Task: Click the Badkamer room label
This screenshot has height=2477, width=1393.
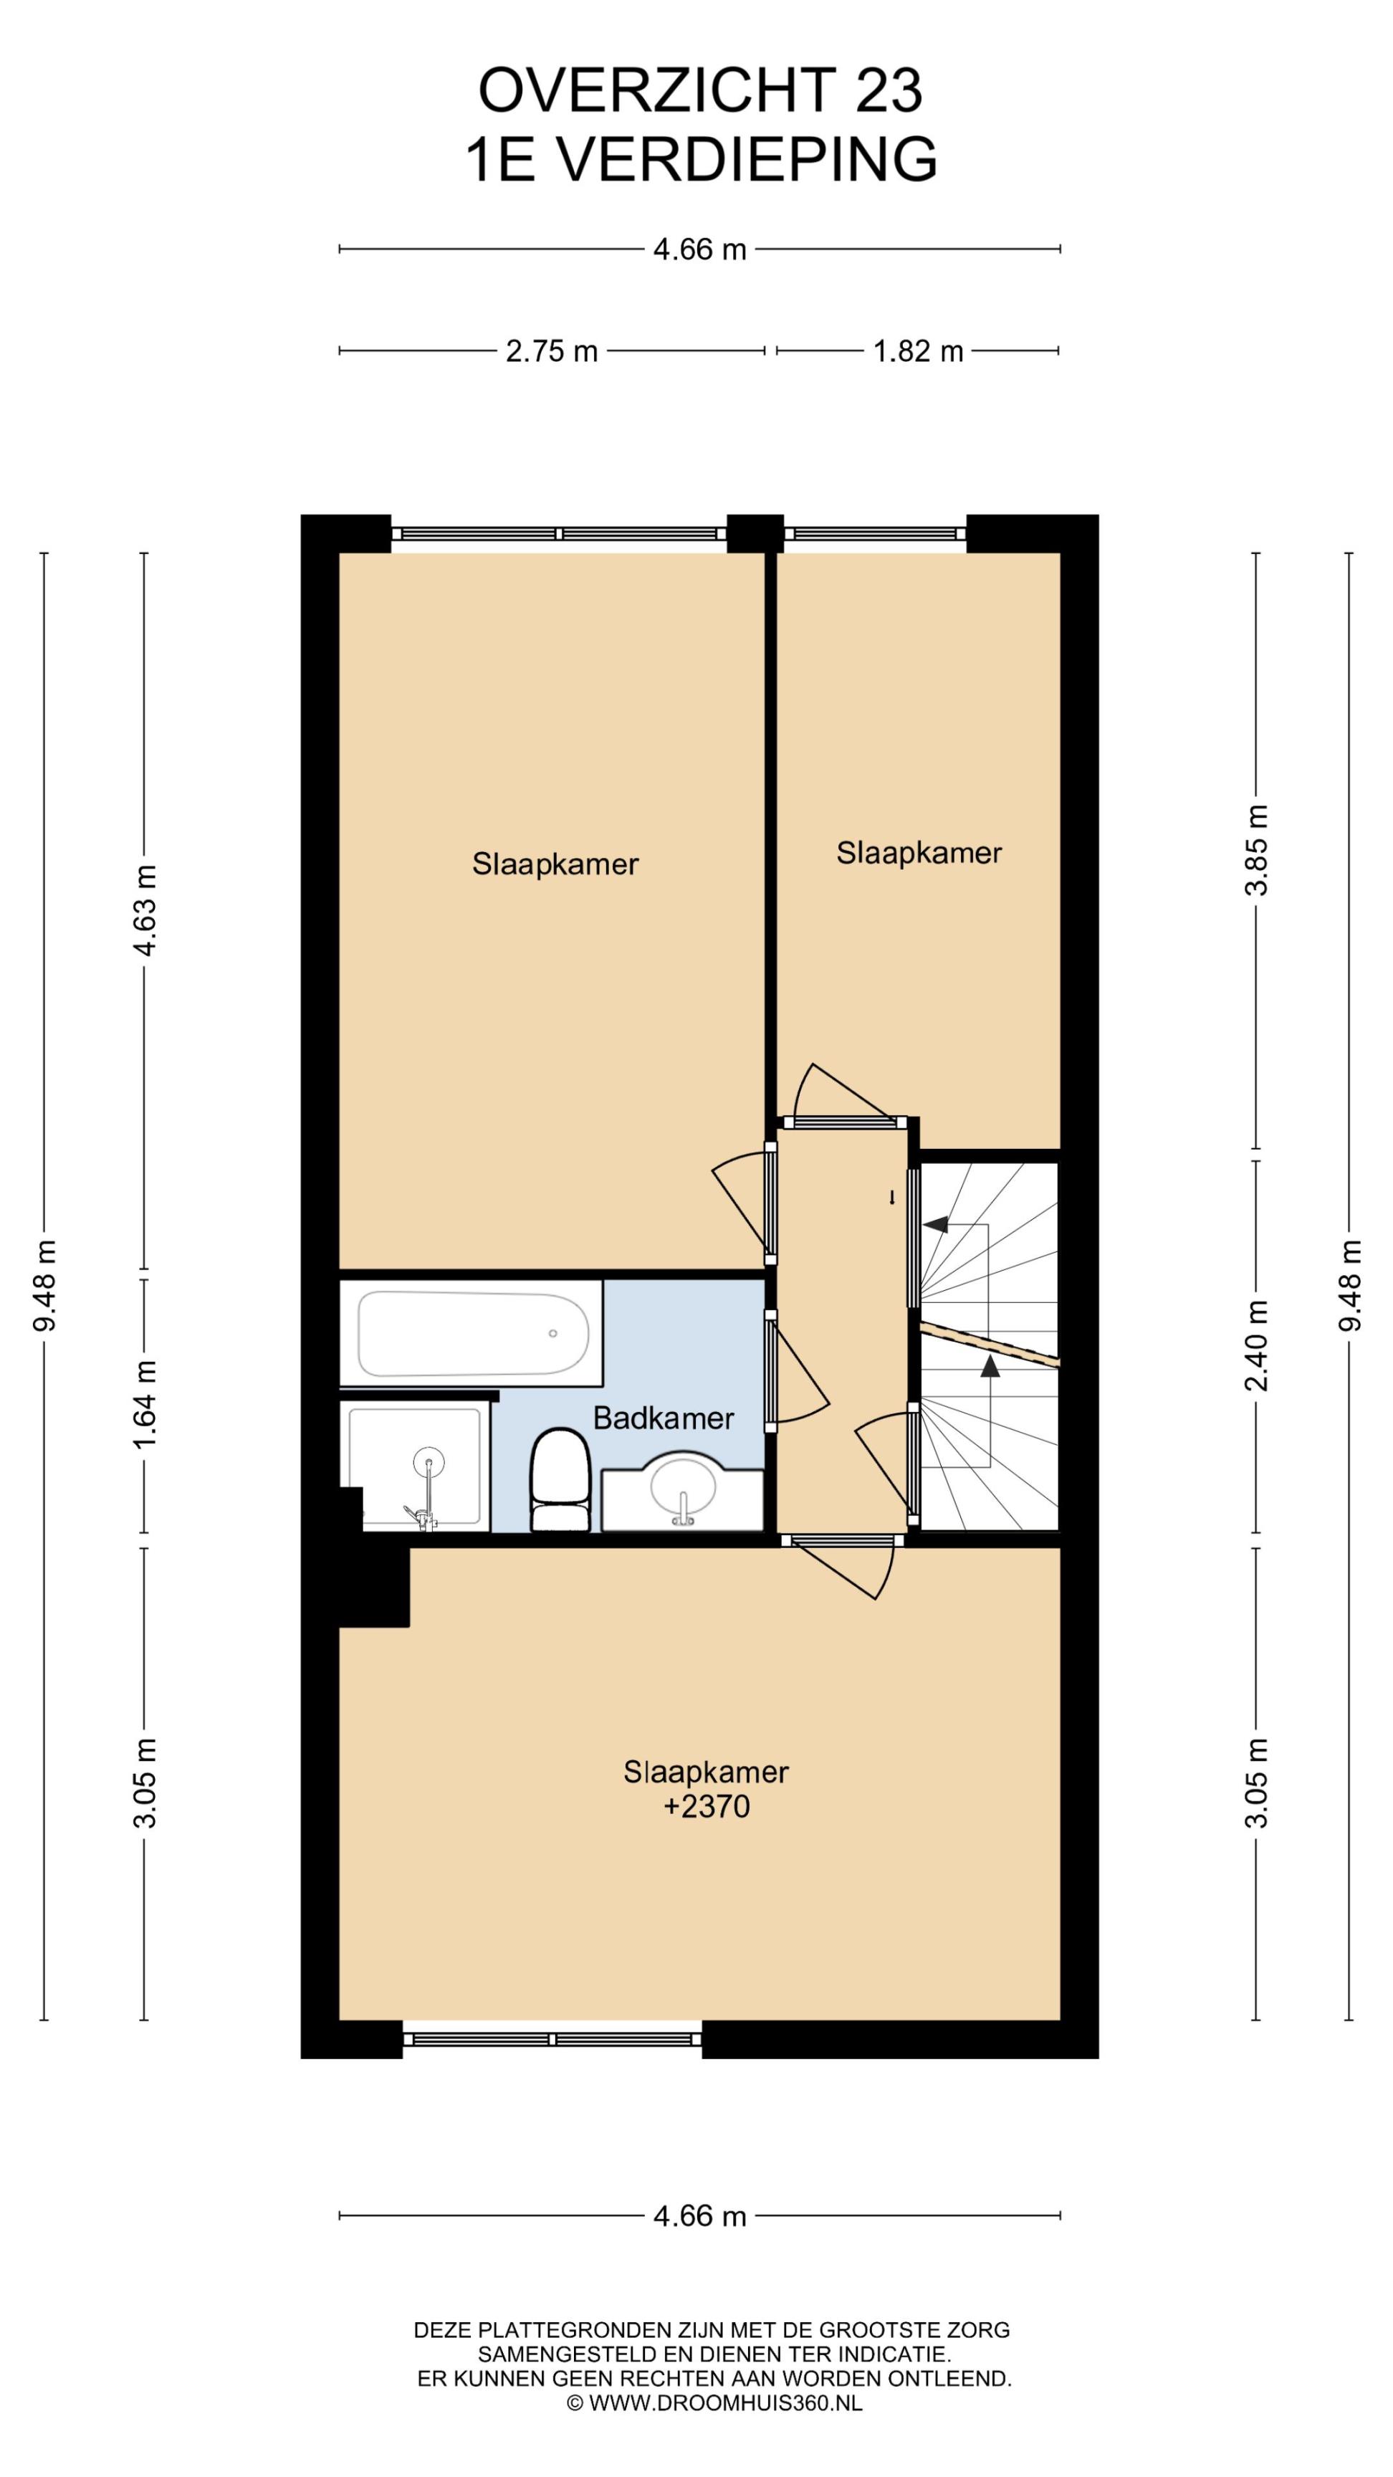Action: coord(664,1418)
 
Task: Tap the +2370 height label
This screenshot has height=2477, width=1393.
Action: coord(707,1807)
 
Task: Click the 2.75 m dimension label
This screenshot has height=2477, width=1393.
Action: coord(552,352)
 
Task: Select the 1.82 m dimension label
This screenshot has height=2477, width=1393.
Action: coord(918,352)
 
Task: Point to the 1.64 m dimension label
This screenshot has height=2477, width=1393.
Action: coord(145,1405)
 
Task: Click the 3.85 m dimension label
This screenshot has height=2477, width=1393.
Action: coord(1256,850)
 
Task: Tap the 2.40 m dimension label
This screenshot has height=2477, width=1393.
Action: coord(1256,1345)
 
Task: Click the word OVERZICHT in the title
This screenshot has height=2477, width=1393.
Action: coord(656,91)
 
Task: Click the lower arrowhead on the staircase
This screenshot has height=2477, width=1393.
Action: coord(990,1365)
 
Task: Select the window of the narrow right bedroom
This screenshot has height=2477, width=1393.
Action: coord(874,534)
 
